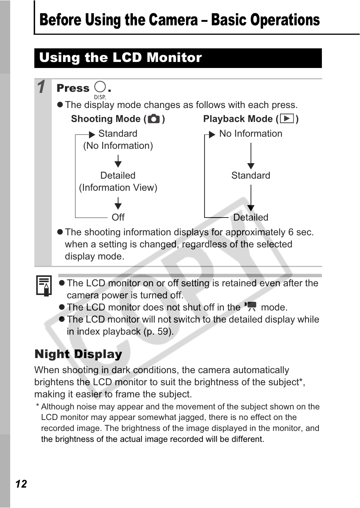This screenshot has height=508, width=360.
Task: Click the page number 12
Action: click(21, 484)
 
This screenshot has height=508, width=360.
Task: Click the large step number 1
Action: click(42, 87)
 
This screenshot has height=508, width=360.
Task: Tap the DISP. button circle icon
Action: click(100, 87)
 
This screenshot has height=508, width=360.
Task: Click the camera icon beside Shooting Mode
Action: click(154, 119)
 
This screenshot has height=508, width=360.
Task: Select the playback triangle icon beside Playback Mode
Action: click(287, 119)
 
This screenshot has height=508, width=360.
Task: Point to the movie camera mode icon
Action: click(250, 307)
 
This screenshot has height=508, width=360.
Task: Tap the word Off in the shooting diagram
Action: click(118, 218)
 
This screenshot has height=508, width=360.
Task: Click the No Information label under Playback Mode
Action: click(251, 134)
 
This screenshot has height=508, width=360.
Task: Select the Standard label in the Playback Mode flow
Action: click(251, 176)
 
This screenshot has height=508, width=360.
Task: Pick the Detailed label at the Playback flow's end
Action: click(251, 218)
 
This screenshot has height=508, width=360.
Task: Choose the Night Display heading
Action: click(78, 354)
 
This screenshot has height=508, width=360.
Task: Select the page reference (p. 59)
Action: click(158, 332)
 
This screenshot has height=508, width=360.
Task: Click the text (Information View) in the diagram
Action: click(118, 188)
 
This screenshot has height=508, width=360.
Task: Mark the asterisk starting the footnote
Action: click(38, 406)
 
